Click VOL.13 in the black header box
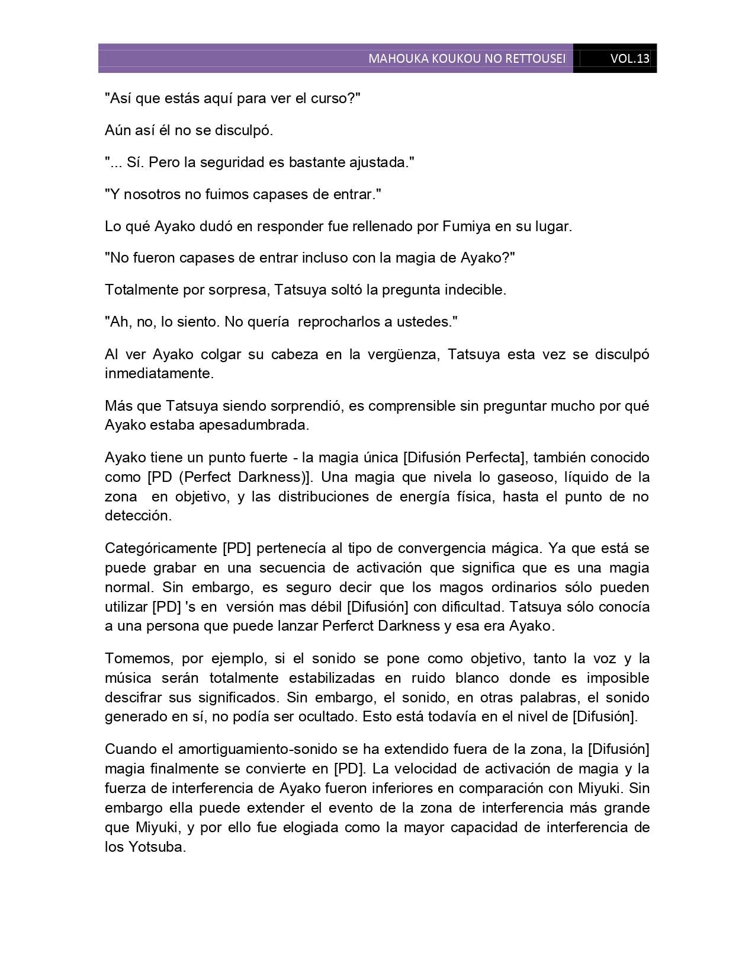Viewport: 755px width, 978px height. point(629,59)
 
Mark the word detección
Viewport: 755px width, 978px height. point(138,516)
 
